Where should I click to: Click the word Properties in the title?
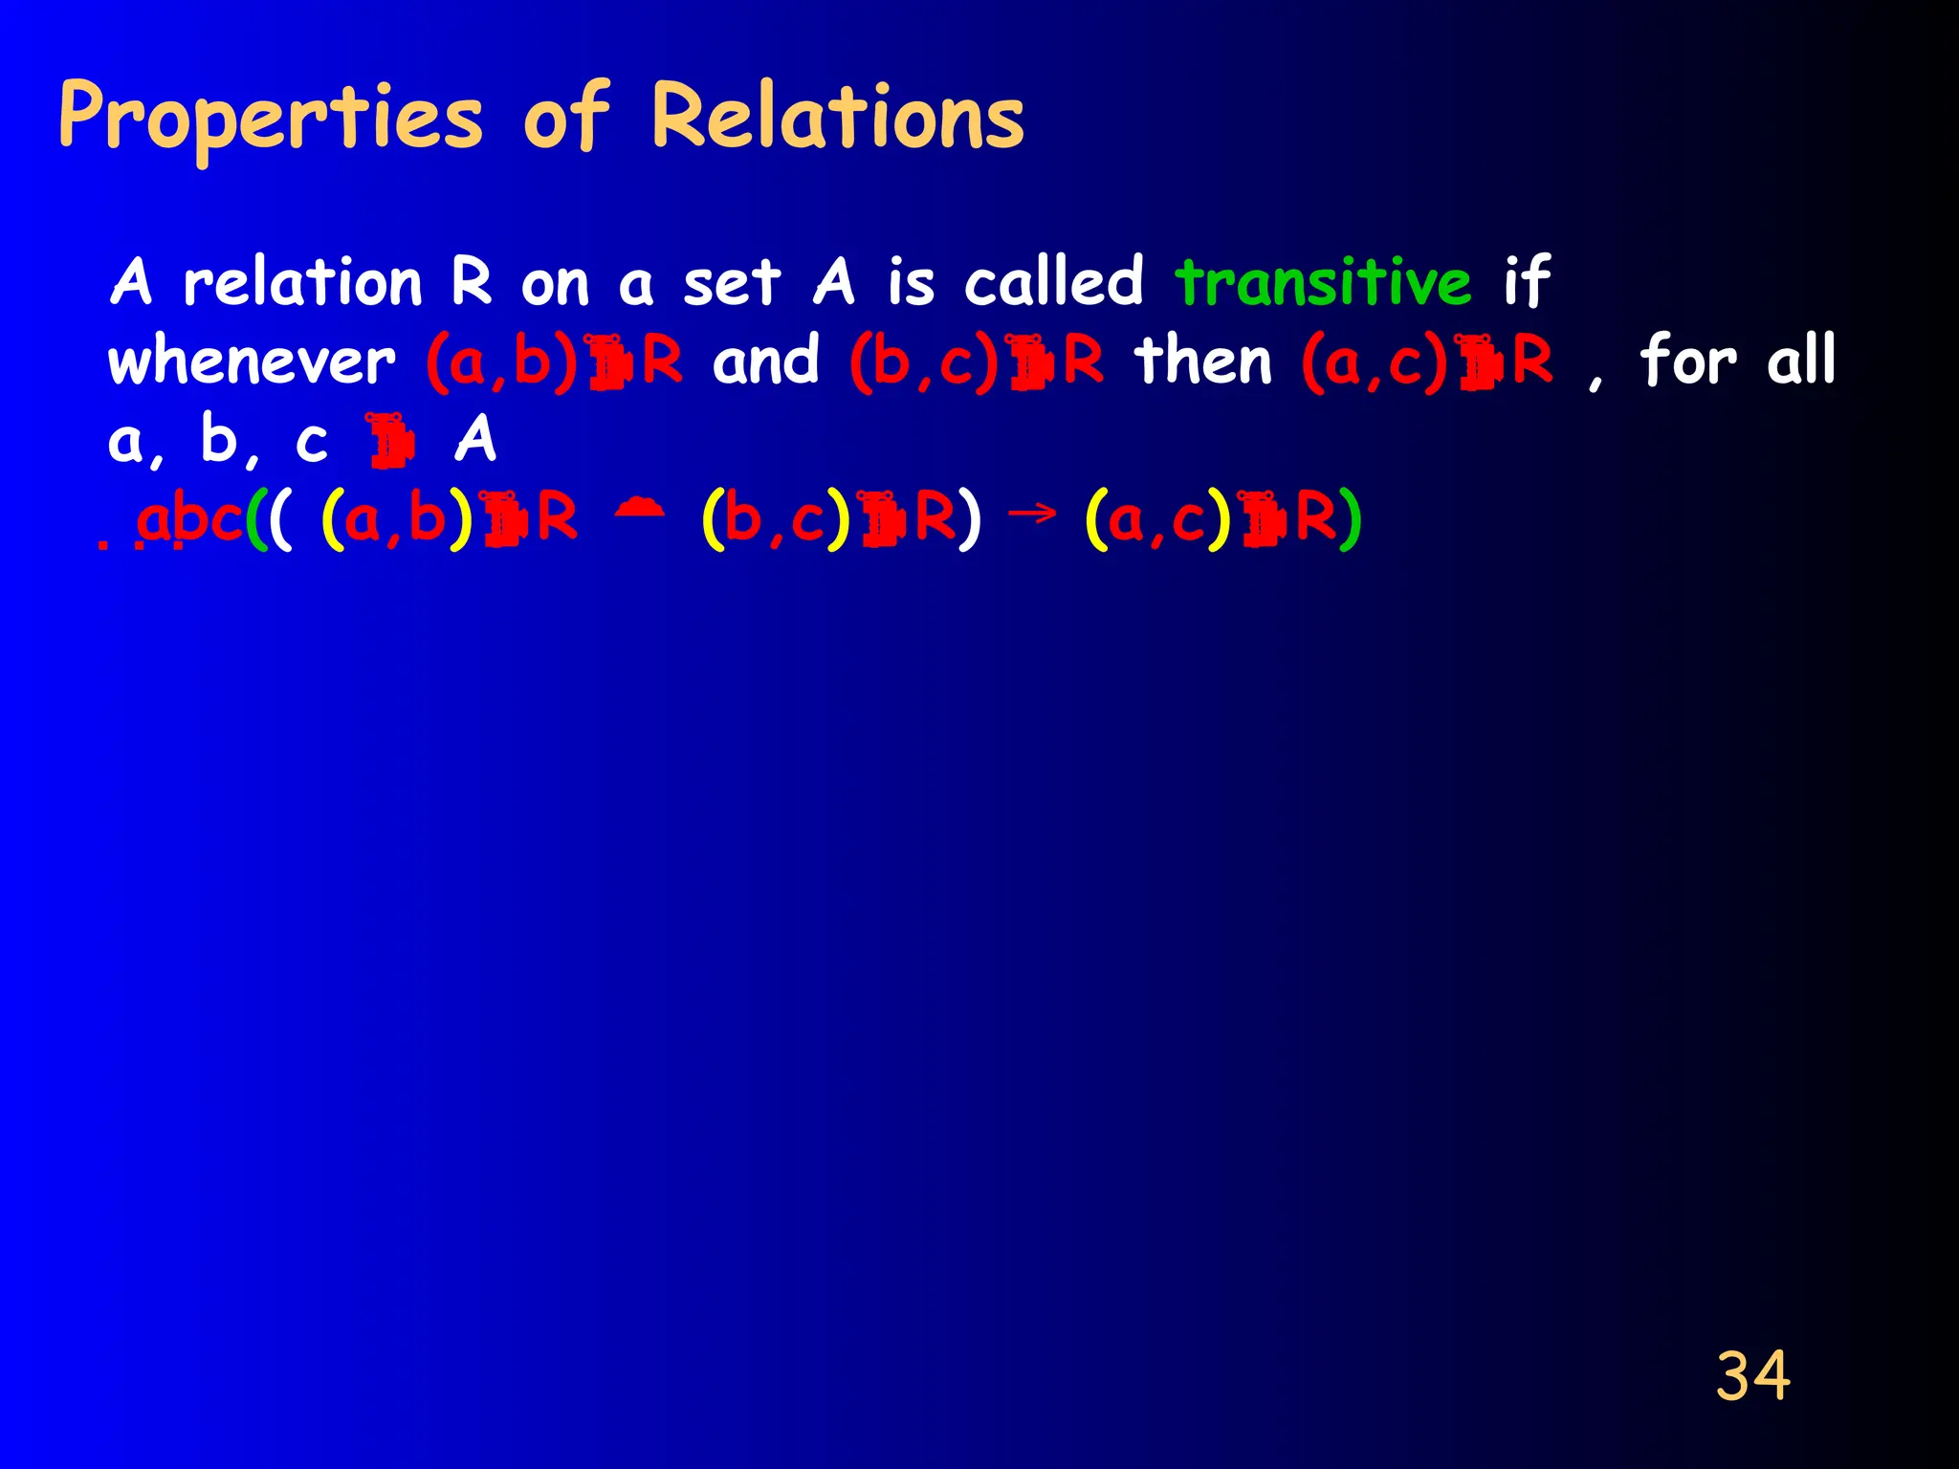[x=271, y=118]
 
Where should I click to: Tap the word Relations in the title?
[x=837, y=118]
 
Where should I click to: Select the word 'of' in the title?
[x=566, y=118]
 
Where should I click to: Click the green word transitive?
[x=1323, y=283]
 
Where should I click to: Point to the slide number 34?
[x=1752, y=1376]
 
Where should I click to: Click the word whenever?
[x=252, y=362]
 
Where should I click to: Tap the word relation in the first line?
[x=302, y=283]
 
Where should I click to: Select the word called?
[x=1053, y=283]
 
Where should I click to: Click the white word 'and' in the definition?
[x=766, y=362]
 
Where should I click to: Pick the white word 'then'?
[x=1203, y=362]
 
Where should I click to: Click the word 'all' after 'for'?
[x=1801, y=362]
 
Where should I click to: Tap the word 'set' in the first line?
[x=732, y=283]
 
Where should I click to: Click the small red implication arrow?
[x=1033, y=514]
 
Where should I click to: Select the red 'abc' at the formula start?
[x=188, y=520]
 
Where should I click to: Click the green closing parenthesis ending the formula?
[x=1350, y=521]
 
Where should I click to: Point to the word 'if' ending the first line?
[x=1527, y=283]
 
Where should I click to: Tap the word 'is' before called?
[x=911, y=283]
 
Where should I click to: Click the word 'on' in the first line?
[x=555, y=285]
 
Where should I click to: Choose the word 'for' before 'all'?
[x=1688, y=362]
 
